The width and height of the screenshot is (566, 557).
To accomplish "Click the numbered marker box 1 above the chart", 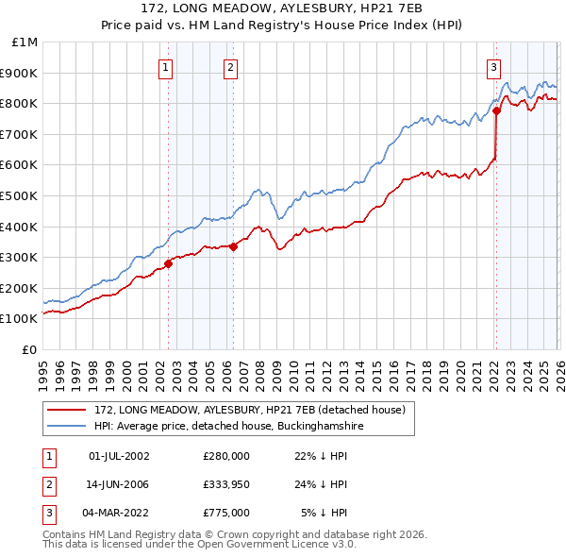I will pyautogui.click(x=165, y=67).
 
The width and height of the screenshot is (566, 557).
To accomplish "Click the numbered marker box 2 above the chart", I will pyautogui.click(x=230, y=67).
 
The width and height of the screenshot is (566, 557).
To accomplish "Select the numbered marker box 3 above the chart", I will pyautogui.click(x=493, y=67).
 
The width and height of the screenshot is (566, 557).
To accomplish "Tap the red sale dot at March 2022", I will pyautogui.click(x=496, y=111).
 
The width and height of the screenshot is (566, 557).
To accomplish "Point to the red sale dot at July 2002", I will pyautogui.click(x=168, y=263).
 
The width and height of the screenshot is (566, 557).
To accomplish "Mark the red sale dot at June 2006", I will pyautogui.click(x=234, y=247).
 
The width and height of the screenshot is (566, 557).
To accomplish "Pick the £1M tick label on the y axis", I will pyautogui.click(x=25, y=42).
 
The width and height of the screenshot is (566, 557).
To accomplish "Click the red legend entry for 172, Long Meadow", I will pyautogui.click(x=249, y=410).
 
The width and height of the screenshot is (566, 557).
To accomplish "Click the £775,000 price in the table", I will pyautogui.click(x=226, y=513).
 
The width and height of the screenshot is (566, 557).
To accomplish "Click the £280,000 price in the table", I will pyautogui.click(x=226, y=456).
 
